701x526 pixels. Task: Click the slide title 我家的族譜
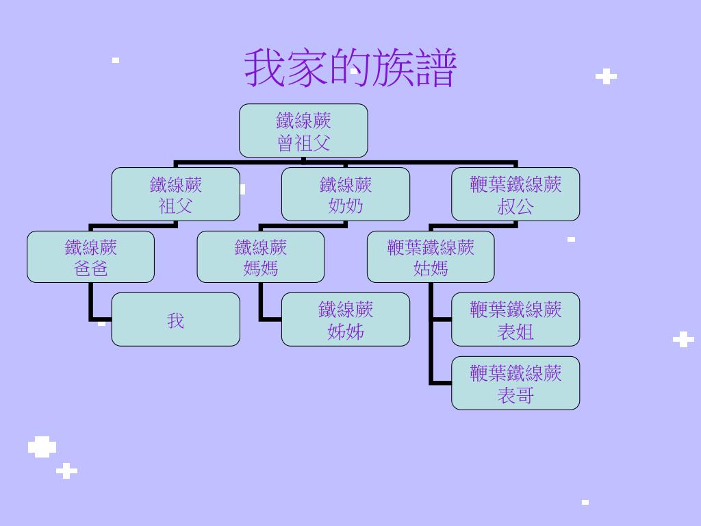pos(350,68)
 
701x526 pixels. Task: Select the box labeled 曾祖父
pos(303,131)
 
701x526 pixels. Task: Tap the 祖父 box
pos(176,195)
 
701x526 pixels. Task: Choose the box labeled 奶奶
pos(346,195)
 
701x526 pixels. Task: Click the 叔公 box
pos(515,195)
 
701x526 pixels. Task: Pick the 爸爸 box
pos(91,257)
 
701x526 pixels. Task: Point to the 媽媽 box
pos(261,257)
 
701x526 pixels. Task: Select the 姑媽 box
pos(431,257)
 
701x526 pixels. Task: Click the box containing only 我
pos(176,320)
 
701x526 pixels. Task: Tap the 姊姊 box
pos(346,320)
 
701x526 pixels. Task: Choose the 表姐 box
pos(515,320)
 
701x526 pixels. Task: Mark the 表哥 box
pos(515,383)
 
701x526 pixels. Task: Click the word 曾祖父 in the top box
pos(303,143)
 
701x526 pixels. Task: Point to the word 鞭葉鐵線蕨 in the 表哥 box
pos(515,373)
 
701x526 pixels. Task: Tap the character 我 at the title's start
pos(266,68)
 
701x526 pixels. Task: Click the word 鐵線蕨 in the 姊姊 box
pos(346,310)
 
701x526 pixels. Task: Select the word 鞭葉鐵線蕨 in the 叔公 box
pos(515,184)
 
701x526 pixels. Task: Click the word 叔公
pos(515,206)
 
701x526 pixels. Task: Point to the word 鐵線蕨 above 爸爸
pos(91,247)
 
